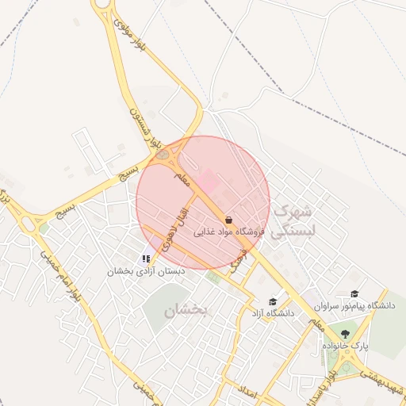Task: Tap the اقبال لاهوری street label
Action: (x=177, y=229)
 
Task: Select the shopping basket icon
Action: (x=229, y=219)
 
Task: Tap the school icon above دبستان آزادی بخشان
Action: (x=146, y=259)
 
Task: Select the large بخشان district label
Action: (x=186, y=310)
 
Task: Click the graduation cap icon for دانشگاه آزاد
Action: (x=274, y=301)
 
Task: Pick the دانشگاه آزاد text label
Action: (x=274, y=314)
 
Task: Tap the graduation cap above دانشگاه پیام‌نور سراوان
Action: (x=354, y=293)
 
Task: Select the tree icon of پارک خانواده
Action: (x=345, y=333)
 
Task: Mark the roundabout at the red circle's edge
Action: (x=163, y=155)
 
